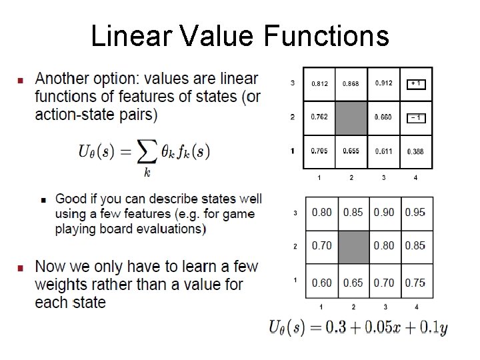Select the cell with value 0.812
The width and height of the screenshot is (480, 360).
(319, 83)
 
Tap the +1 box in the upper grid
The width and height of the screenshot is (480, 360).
(415, 83)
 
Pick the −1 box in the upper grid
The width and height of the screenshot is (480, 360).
(415, 117)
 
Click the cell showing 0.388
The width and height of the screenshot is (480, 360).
(415, 151)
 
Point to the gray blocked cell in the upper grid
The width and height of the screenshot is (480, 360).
(351, 118)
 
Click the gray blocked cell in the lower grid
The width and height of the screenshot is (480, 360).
(353, 246)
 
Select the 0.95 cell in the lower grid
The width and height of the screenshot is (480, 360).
(415, 213)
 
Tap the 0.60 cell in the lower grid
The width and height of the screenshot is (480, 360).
(321, 282)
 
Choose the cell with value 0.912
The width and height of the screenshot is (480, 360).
(383, 83)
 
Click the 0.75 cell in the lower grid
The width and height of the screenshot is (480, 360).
(415, 282)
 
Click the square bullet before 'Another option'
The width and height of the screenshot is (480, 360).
(19, 80)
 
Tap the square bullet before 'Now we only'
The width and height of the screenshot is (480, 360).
(19, 267)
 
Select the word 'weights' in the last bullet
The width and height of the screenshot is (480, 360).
(59, 285)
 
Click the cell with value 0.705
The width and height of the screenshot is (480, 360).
(319, 151)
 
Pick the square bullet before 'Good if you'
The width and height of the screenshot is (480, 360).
(43, 199)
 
